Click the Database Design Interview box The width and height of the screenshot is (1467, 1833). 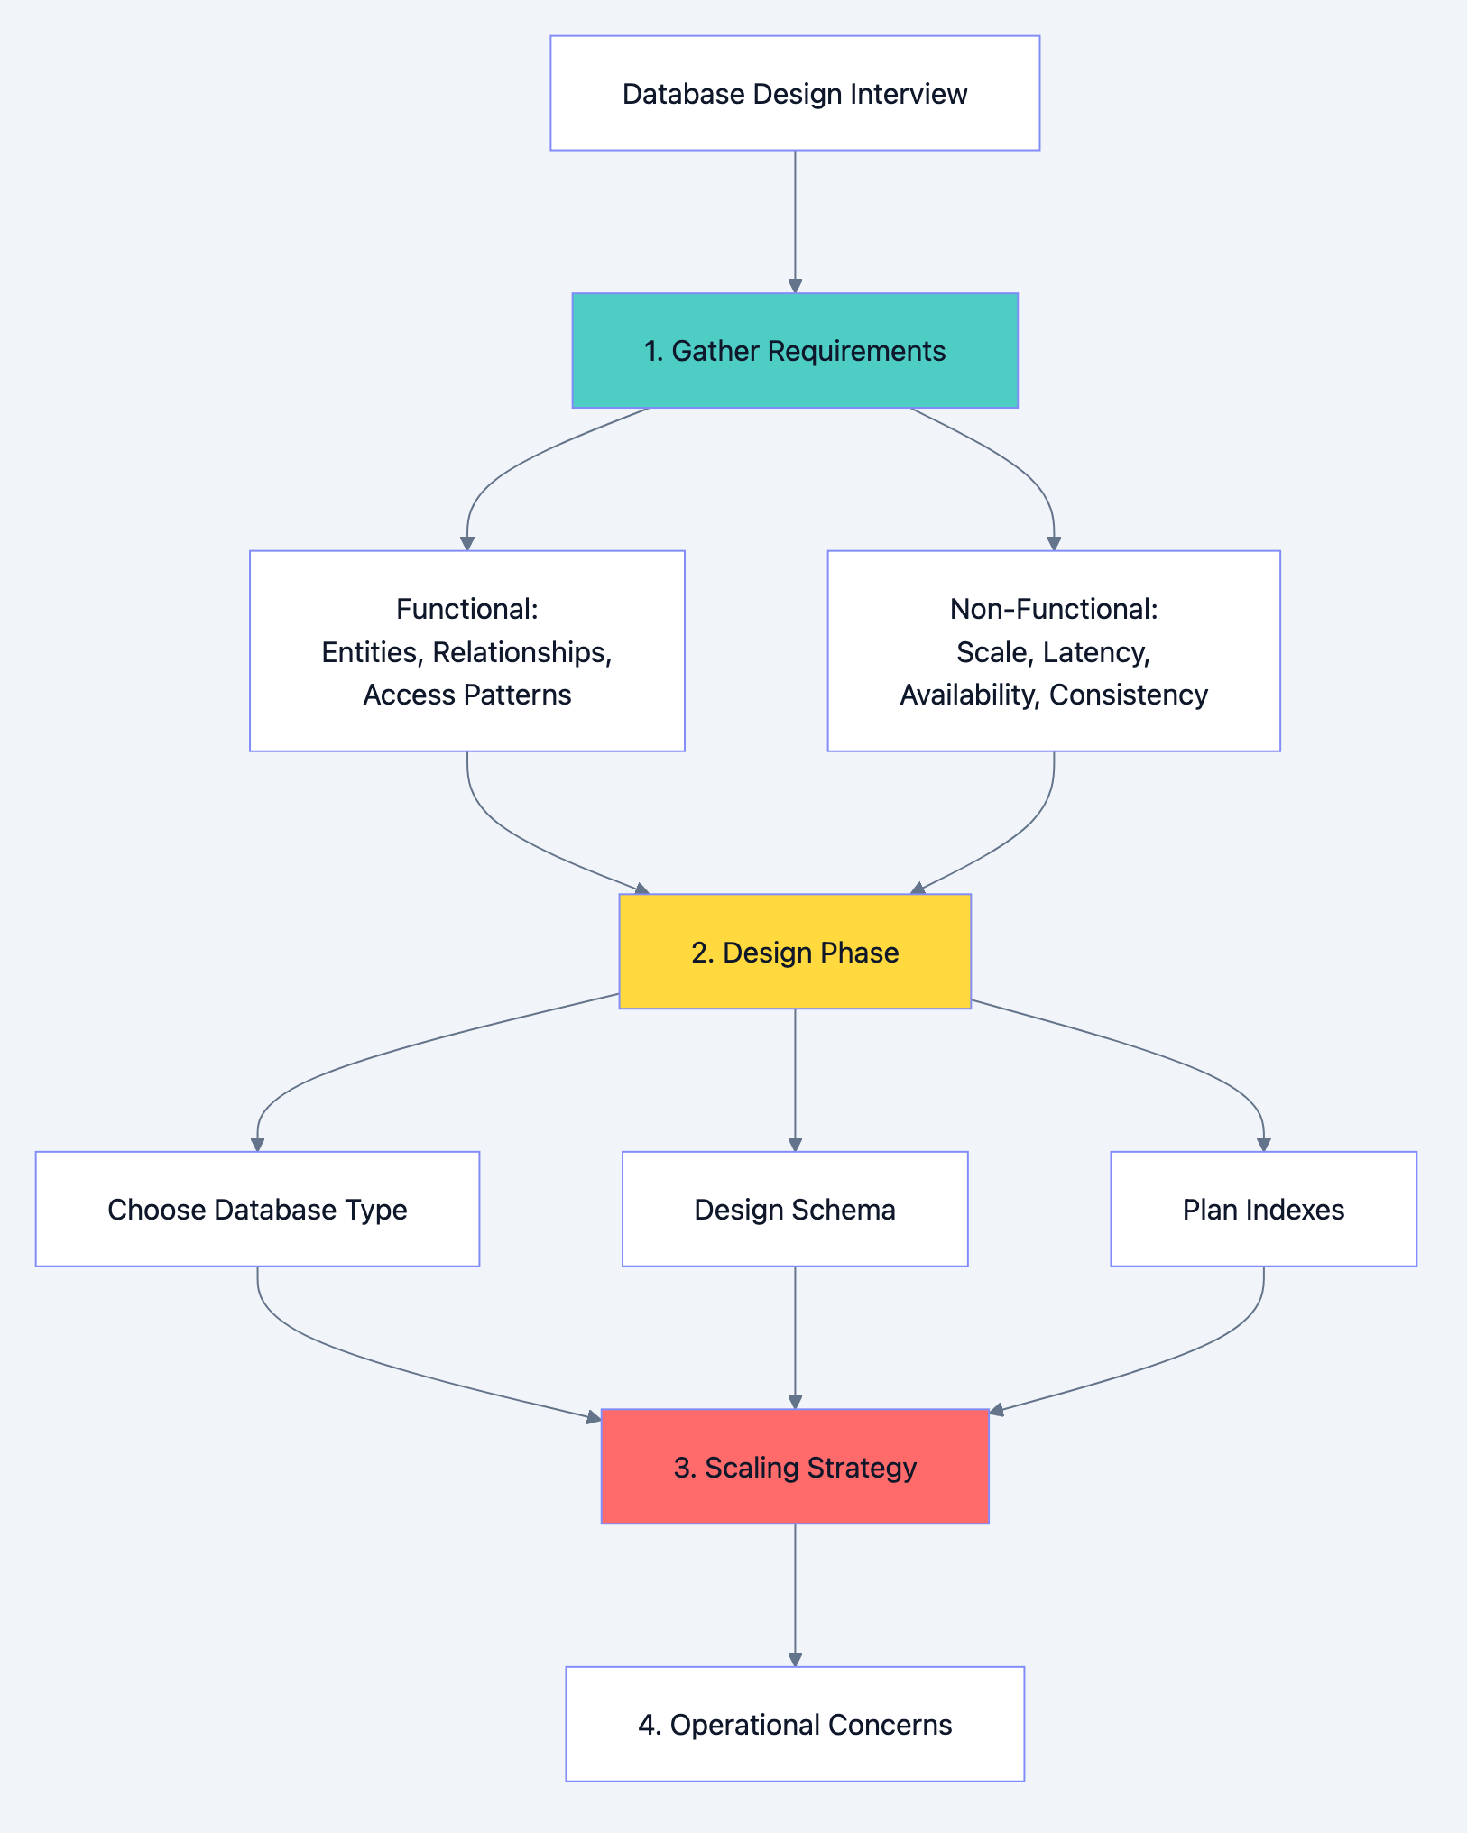coord(795,93)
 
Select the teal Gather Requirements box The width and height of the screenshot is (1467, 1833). coord(795,350)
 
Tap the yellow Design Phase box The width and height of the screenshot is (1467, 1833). coord(795,952)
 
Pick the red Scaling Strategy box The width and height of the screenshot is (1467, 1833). coord(795,1467)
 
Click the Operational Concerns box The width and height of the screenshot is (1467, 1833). coord(795,1724)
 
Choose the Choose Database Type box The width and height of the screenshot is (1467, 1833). coord(257,1209)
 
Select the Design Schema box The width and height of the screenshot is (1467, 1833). coord(795,1209)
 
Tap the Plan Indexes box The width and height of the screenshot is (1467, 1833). coord(1263,1209)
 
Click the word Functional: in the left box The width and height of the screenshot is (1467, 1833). coord(466,609)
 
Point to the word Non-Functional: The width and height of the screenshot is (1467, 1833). coord(1054,609)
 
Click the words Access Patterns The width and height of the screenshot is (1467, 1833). coord(466,695)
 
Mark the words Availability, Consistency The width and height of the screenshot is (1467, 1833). coord(1054,695)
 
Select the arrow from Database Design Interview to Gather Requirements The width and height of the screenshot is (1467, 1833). coord(795,221)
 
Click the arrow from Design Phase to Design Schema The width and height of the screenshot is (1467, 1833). coord(795,1078)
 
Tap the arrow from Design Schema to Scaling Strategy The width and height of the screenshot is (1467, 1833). coord(795,1335)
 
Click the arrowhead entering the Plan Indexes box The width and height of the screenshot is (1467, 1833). coord(1263,1144)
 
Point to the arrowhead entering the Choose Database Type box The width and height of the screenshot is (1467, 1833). coord(257,1144)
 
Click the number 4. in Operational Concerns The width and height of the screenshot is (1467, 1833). coord(650,1724)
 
